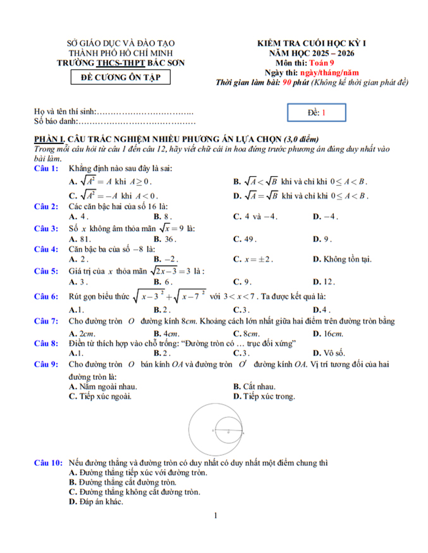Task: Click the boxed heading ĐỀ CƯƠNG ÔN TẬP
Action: (x=120, y=77)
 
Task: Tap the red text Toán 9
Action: (x=321, y=63)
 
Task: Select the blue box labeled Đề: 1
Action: (x=316, y=112)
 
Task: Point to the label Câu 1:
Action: (x=46, y=168)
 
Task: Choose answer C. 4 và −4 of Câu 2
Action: (x=255, y=217)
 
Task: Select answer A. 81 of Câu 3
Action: (x=79, y=239)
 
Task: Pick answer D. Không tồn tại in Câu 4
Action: (x=342, y=259)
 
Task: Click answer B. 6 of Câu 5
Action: (x=162, y=282)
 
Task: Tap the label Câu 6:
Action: (x=46, y=296)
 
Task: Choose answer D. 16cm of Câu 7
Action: (x=328, y=334)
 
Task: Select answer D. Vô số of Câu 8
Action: (x=329, y=353)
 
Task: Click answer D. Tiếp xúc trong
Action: (x=264, y=396)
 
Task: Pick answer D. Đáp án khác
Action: (x=96, y=502)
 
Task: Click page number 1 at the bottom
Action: (x=215, y=515)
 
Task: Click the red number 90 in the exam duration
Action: (x=286, y=82)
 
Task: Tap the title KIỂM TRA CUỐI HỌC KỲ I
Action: (x=311, y=43)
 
